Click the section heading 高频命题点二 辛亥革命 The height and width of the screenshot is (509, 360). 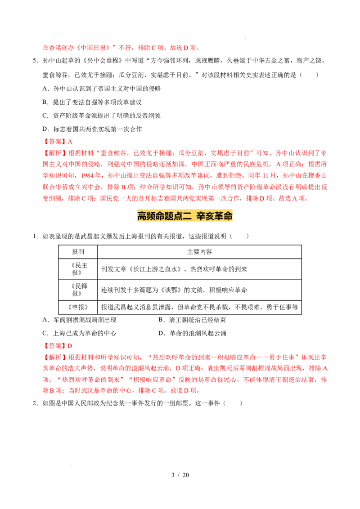coord(184,216)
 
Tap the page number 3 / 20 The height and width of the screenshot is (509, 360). coord(180,475)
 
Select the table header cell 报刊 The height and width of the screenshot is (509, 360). coord(78,252)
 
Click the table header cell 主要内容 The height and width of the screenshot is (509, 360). coord(199,252)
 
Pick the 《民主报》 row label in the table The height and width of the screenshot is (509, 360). coord(78,269)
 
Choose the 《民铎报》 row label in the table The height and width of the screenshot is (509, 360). coord(78,290)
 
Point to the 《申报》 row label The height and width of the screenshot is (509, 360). coord(78,307)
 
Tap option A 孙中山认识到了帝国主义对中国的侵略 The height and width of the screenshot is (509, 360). coord(102,89)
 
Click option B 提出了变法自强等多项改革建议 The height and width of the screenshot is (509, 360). coord(92,102)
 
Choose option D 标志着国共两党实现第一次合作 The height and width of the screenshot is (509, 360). coord(92,129)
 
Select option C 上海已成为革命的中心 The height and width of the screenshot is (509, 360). coord(79,333)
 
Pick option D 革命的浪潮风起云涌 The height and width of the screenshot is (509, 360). coord(192,333)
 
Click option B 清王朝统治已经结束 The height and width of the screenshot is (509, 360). coord(192,320)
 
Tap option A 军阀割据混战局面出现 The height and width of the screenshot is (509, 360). coord(79,320)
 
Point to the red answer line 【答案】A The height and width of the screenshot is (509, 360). coord(58,142)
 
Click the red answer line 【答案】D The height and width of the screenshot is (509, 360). coord(58,346)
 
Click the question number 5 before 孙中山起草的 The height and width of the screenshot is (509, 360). coord(35,61)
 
